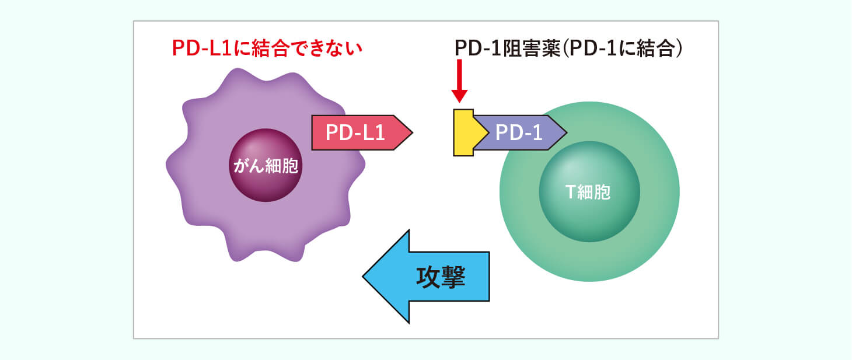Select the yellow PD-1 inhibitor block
pyautogui.click(x=466, y=132)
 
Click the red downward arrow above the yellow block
pyautogui.click(x=459, y=81)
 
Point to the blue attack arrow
pyautogui.click(x=426, y=277)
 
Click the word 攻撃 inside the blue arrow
pyautogui.click(x=441, y=277)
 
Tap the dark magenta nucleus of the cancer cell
pyautogui.click(x=266, y=165)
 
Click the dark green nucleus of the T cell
pyautogui.click(x=589, y=191)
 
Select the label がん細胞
pyautogui.click(x=266, y=166)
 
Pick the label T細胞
pyautogui.click(x=588, y=192)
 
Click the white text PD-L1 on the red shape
pyautogui.click(x=355, y=132)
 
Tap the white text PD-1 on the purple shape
pyautogui.click(x=519, y=132)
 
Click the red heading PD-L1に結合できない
pyautogui.click(x=267, y=48)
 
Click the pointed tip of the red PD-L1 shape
pyautogui.click(x=413, y=132)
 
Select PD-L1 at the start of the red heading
pyautogui.click(x=202, y=48)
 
